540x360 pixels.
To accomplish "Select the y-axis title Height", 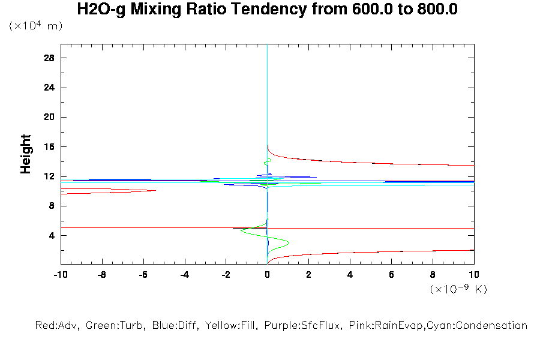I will pyautogui.click(x=26, y=154).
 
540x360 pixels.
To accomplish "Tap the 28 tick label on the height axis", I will pyautogui.click(x=49, y=58).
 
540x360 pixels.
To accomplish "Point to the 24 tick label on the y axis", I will pyautogui.click(x=49, y=88).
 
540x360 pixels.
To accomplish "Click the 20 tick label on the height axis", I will pyautogui.click(x=49, y=117).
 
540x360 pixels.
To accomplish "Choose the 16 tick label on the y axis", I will pyautogui.click(x=49, y=147).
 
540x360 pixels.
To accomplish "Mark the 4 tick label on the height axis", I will pyautogui.click(x=52, y=236).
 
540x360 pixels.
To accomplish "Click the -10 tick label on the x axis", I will pyautogui.click(x=60, y=275).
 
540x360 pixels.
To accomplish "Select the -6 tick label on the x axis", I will pyautogui.click(x=143, y=275).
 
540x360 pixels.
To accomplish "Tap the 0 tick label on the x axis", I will pyautogui.click(x=268, y=275).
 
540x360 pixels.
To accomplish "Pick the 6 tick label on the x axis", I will pyautogui.click(x=391, y=275).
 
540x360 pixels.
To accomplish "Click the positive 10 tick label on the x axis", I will pyautogui.click(x=474, y=275).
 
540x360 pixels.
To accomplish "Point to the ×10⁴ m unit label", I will pyautogui.click(x=35, y=26).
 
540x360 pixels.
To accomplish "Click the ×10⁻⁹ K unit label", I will pyautogui.click(x=458, y=289).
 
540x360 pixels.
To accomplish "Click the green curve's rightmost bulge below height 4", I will pyautogui.click(x=289, y=242).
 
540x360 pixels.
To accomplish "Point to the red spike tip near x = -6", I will pyautogui.click(x=156, y=191).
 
